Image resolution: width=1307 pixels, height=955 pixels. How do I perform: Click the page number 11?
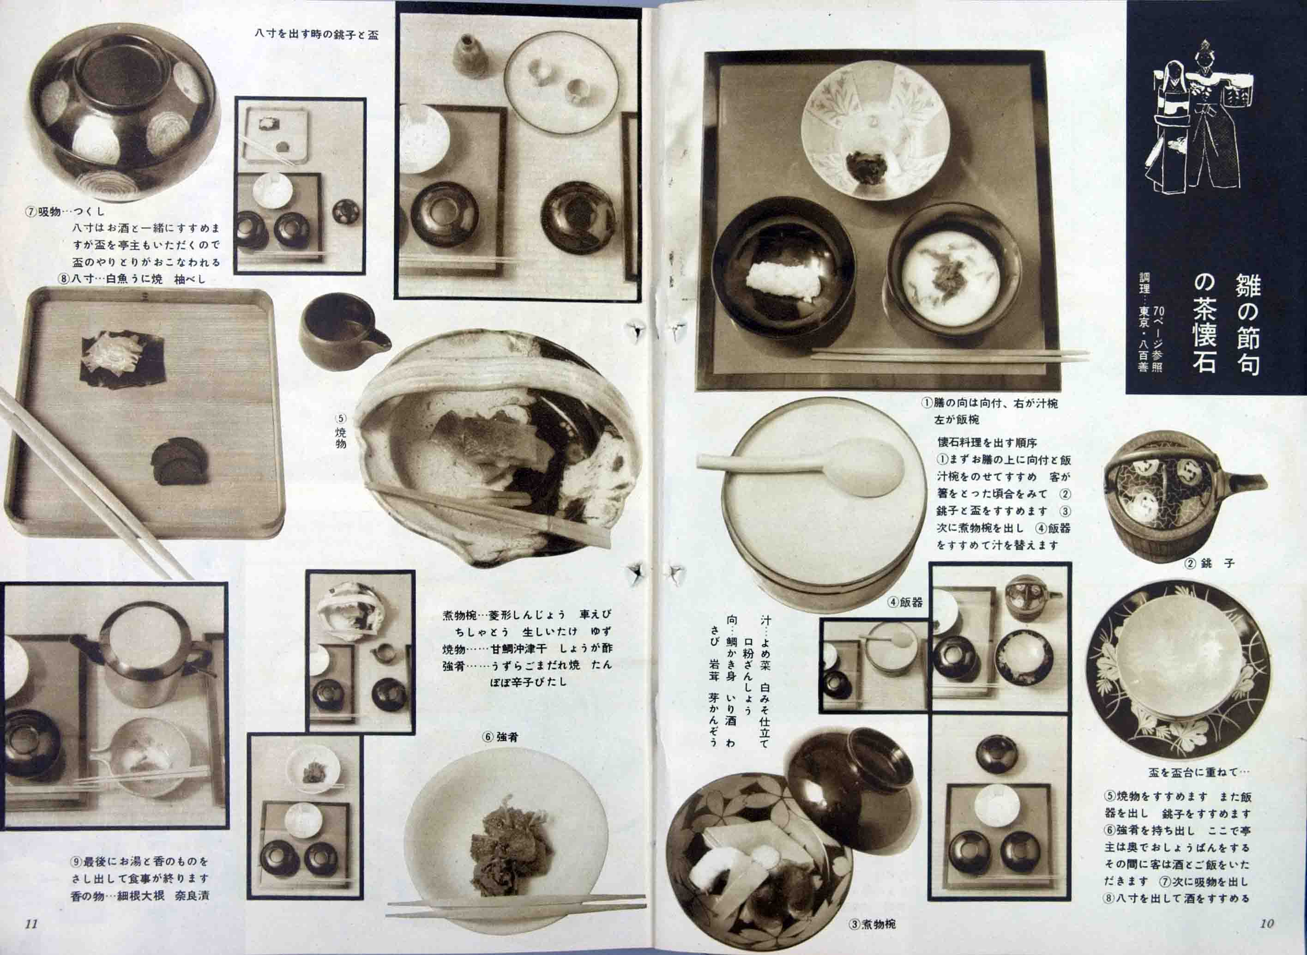coord(31,923)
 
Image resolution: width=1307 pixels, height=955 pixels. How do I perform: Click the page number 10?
coord(1266,923)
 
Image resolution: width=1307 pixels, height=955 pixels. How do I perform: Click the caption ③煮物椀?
coord(873,924)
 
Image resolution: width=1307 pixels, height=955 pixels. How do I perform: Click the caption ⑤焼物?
coord(341,431)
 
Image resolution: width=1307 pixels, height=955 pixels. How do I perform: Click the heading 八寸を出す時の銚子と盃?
coord(317,35)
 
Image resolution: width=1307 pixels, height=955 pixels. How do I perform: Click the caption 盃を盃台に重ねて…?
coord(1199,772)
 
